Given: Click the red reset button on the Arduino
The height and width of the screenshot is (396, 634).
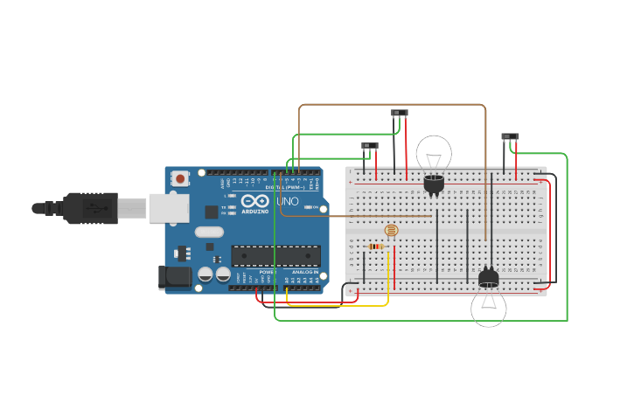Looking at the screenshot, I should point(180,178).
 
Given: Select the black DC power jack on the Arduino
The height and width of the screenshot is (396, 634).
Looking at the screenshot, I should point(173,277).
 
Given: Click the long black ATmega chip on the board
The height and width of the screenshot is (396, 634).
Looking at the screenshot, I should point(275,255).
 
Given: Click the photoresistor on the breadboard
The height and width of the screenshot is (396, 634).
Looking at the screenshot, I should point(391,230).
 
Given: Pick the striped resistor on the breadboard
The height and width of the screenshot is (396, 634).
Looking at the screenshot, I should point(376,247).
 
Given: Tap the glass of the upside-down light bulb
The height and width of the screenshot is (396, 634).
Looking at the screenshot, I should point(489,309).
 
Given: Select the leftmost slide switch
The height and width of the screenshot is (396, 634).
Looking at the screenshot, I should point(370,145).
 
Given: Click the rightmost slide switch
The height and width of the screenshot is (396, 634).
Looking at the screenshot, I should point(510,136).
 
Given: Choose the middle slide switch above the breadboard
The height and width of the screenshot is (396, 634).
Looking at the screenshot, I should point(400,113).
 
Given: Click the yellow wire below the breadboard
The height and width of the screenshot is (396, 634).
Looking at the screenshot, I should point(341,306).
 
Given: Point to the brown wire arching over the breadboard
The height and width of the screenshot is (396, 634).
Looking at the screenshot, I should point(394,105).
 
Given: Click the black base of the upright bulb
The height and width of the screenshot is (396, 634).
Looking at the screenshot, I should point(434,184).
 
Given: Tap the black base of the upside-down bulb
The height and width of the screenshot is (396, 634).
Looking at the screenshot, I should point(489,278).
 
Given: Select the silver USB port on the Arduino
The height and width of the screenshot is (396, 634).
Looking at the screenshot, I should point(169,208).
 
